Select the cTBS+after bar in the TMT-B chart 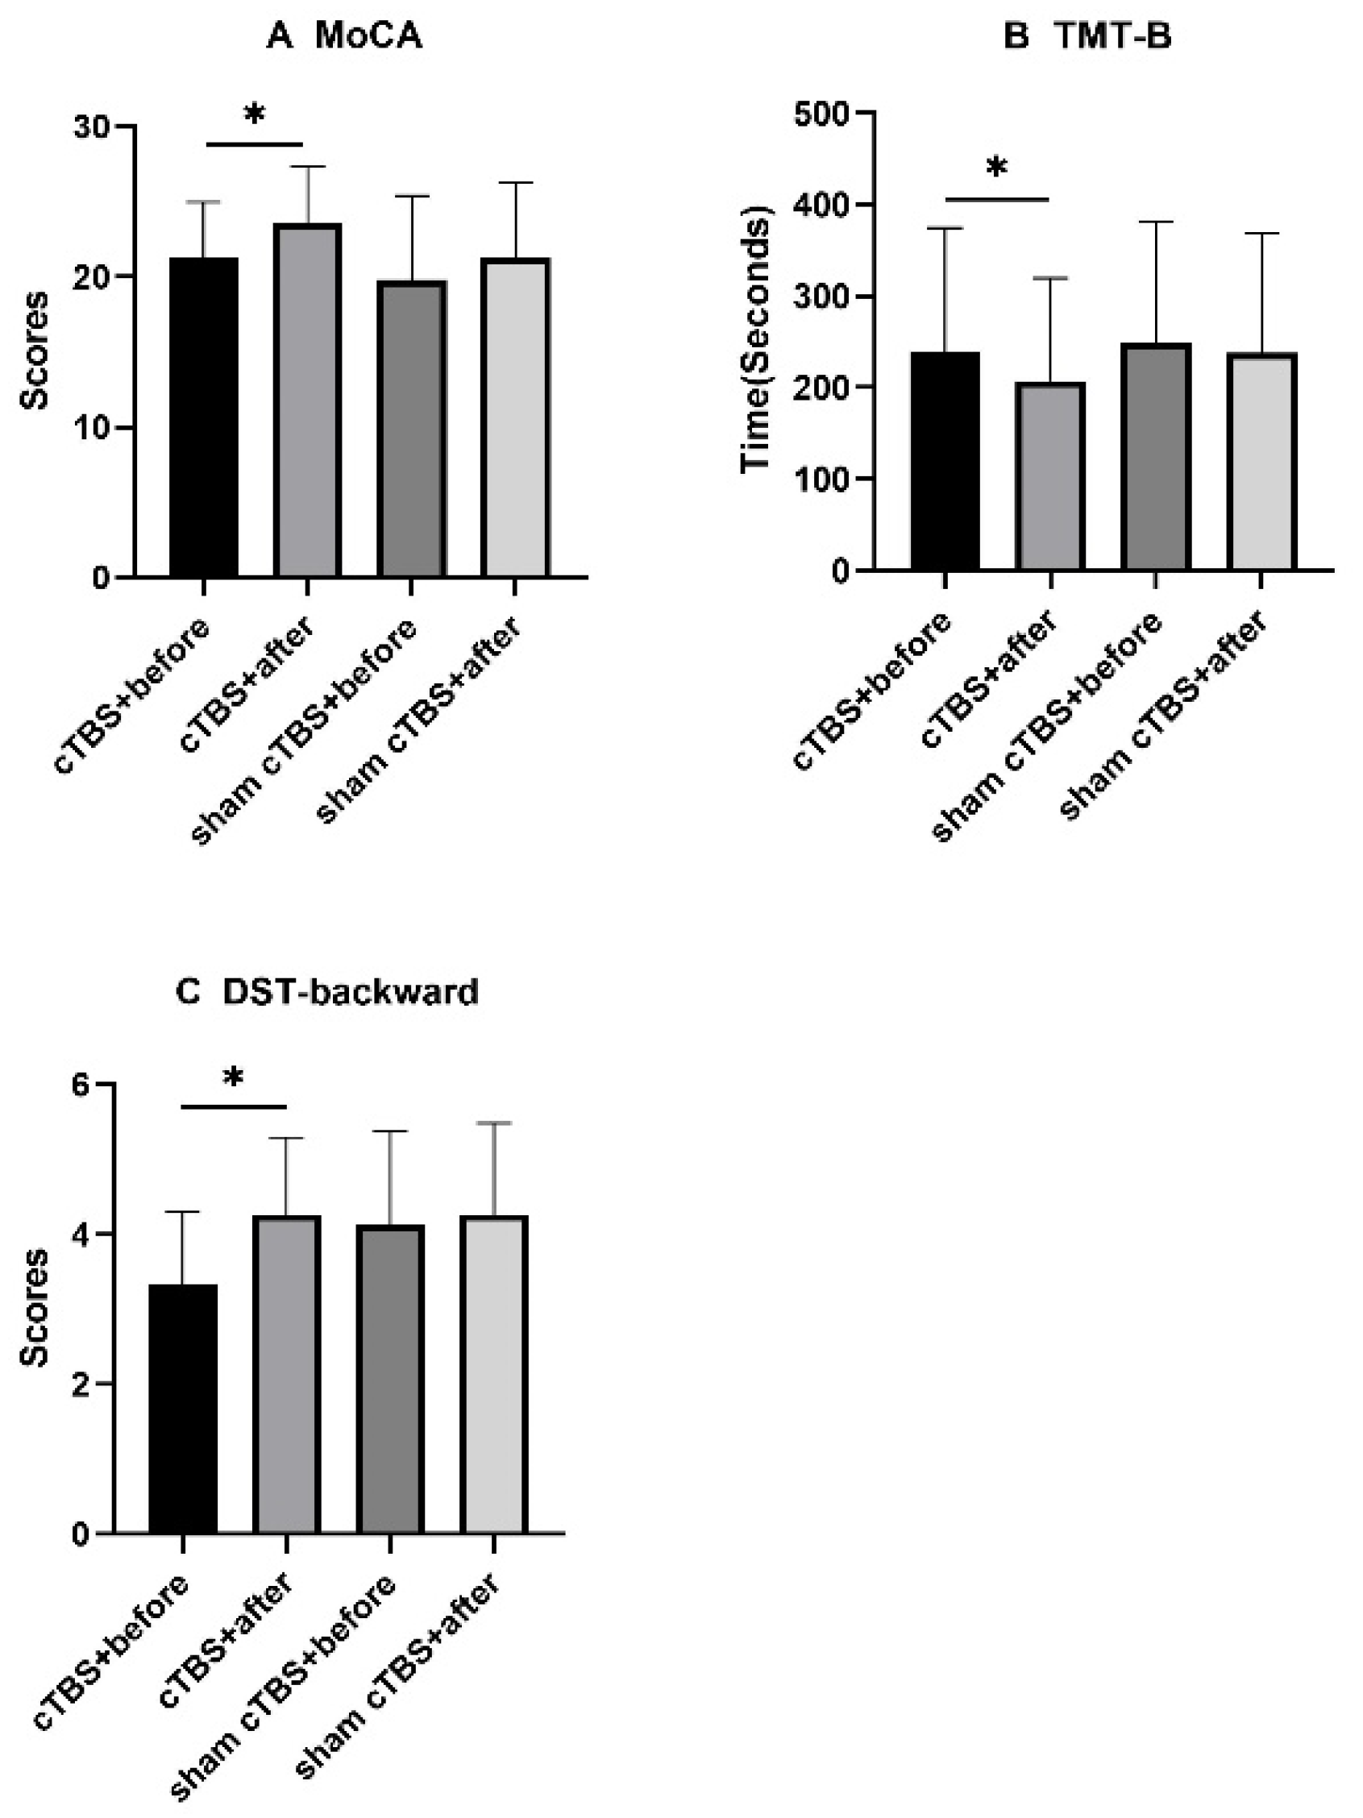point(1049,477)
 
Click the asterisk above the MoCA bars point(254,114)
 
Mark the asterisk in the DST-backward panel point(235,1077)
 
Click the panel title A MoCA point(344,36)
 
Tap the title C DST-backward point(327,992)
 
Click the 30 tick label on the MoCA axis point(92,127)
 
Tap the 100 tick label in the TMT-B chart point(820,479)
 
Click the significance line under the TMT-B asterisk point(997,199)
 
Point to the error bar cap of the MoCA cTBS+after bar point(306,167)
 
